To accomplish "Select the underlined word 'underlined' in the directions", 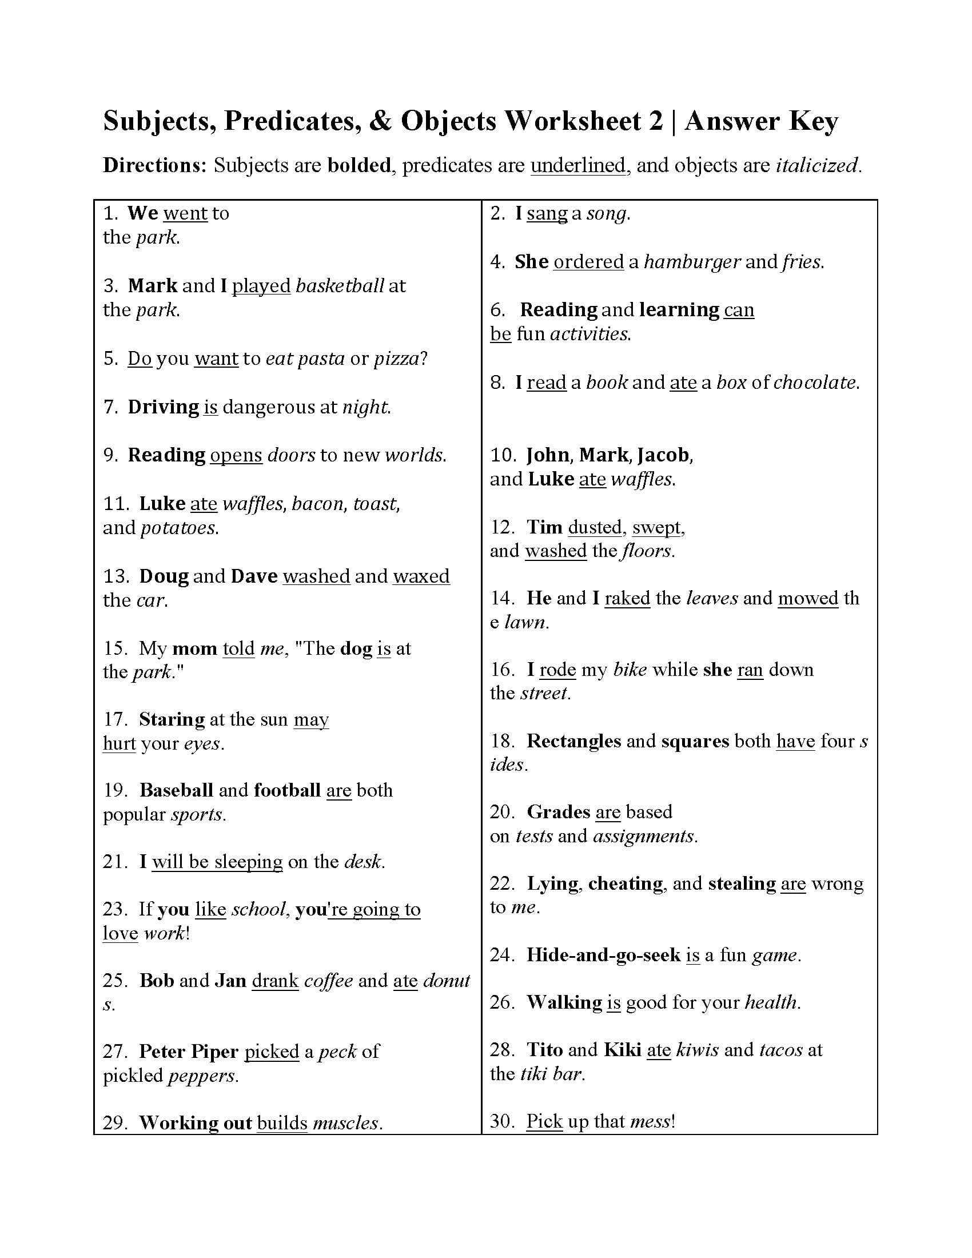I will tap(577, 166).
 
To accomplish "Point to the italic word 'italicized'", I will tap(816, 166).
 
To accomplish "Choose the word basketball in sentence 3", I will tap(339, 286).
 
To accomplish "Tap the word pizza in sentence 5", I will tap(396, 359).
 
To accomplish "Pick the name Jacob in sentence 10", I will tap(662, 455).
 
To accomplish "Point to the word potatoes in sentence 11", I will tap(178, 528).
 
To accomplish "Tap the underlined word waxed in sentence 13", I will tap(421, 576).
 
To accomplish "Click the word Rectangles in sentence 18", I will tap(573, 741).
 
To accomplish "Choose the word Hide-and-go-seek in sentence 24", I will tap(603, 956).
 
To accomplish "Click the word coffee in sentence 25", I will tap(328, 981).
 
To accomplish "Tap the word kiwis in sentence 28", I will tap(698, 1050).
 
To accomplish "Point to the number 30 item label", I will tap(500, 1121).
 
